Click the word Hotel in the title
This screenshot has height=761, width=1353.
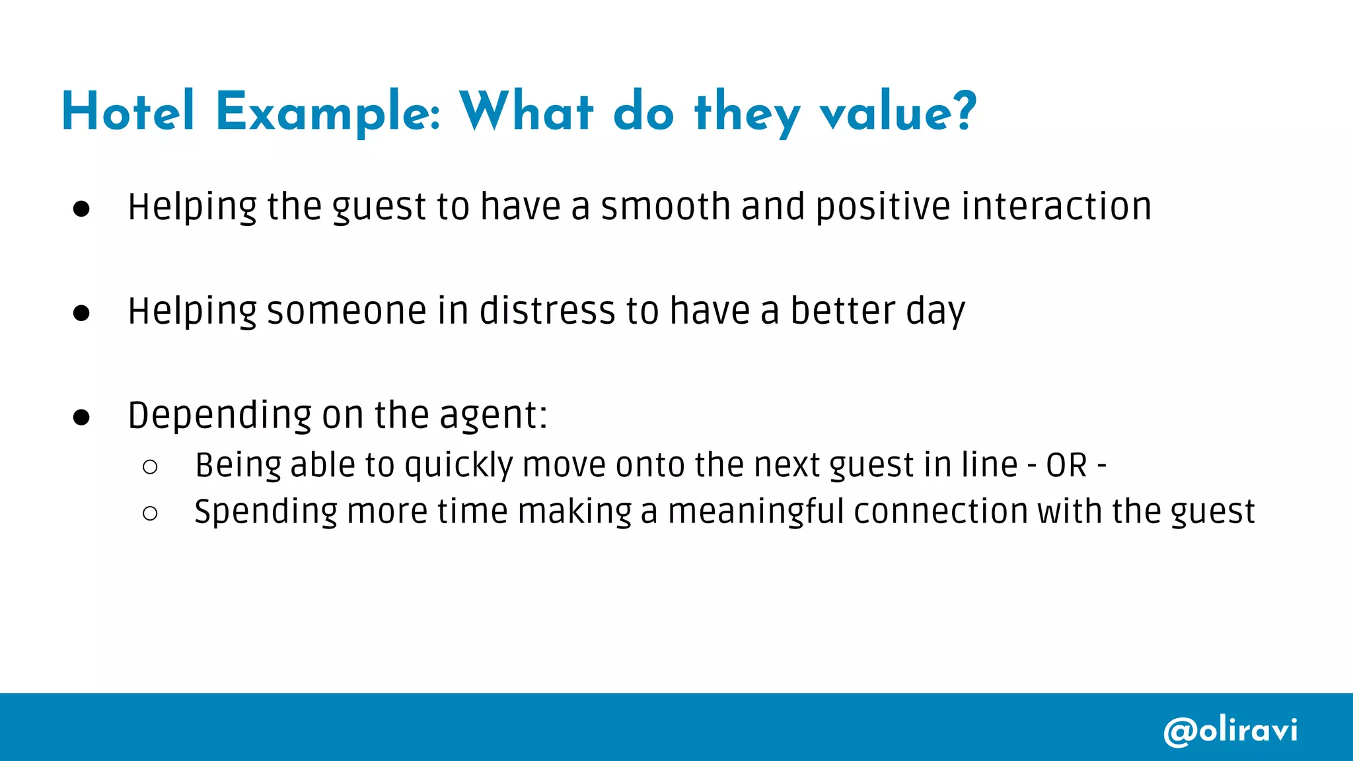(128, 112)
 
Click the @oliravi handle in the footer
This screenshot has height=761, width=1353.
(1230, 731)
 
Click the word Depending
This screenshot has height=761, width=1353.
(219, 416)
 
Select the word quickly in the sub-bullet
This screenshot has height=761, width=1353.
(458, 466)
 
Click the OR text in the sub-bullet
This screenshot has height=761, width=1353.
(1066, 466)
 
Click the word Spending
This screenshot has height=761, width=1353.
(266, 513)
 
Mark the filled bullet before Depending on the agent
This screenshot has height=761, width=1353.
(81, 417)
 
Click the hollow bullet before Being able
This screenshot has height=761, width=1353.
(150, 467)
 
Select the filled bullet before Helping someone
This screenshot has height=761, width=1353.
(81, 313)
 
